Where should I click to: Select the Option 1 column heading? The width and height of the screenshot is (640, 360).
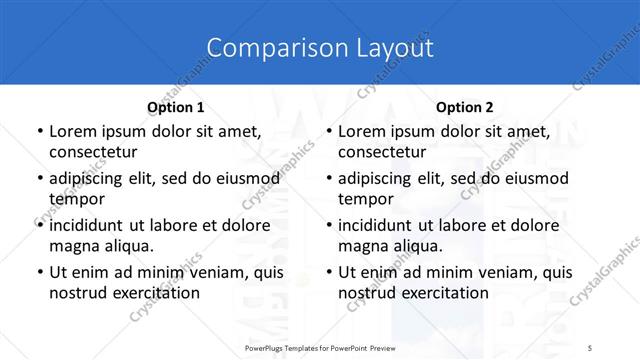click(x=176, y=107)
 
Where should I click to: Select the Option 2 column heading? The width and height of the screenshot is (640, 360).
click(x=465, y=107)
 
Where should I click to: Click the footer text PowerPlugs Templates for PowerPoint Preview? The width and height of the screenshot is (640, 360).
click(x=320, y=345)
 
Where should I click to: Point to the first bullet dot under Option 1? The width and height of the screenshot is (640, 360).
click(x=39, y=132)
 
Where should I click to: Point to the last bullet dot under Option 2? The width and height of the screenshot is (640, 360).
click(x=328, y=272)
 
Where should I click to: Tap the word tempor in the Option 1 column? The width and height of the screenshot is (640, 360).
click(x=76, y=199)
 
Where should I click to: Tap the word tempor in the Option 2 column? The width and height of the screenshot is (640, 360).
click(x=365, y=199)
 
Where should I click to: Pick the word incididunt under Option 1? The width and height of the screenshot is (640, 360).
click(x=89, y=225)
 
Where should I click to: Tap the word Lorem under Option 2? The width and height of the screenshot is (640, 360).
click(x=362, y=132)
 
